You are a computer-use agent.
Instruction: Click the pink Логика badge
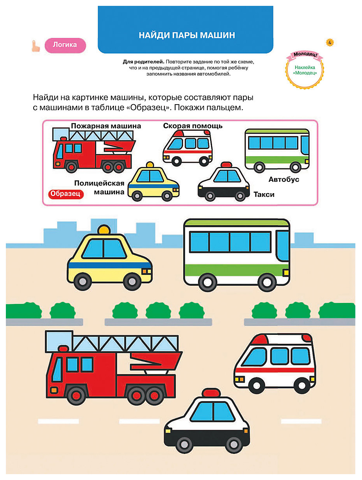(65, 45)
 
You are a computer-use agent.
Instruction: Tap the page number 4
(330, 42)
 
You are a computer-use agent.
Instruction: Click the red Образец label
(66, 194)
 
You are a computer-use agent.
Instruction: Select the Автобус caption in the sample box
(284, 180)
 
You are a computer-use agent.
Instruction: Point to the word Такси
(264, 194)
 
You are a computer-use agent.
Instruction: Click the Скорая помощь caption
(193, 126)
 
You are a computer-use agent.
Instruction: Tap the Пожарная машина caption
(106, 126)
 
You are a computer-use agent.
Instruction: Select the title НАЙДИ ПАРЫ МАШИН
(187, 35)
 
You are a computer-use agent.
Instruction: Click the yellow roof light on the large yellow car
(104, 229)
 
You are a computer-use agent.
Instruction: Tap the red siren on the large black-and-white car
(211, 393)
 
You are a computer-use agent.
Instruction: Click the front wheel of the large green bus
(267, 283)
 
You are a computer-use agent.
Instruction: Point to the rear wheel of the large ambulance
(302, 386)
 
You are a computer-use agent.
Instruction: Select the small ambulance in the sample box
(187, 148)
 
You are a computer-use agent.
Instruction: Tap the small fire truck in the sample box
(94, 151)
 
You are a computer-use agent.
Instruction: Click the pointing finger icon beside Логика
(36, 46)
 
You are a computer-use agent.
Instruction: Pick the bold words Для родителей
(143, 62)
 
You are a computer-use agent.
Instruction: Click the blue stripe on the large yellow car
(109, 265)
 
